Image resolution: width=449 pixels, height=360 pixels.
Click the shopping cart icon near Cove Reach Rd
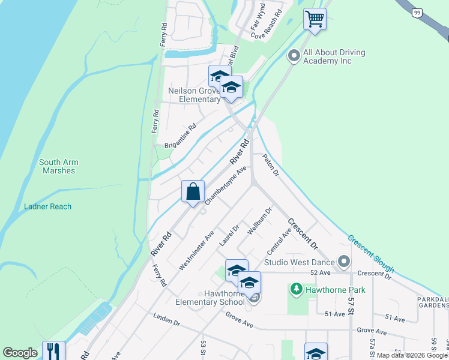click(x=314, y=19)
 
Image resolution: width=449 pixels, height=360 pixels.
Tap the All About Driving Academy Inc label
click(x=335, y=56)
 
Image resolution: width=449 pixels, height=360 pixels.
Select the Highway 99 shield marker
click(x=417, y=11)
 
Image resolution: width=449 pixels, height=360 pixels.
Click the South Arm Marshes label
click(x=59, y=166)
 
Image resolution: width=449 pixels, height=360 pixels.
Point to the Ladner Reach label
click(x=47, y=206)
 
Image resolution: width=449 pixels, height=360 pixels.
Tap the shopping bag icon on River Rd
click(x=193, y=192)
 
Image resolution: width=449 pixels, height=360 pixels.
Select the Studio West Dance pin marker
click(x=343, y=262)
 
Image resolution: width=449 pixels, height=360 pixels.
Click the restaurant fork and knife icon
click(x=53, y=351)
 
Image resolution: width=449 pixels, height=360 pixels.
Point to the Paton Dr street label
click(x=271, y=165)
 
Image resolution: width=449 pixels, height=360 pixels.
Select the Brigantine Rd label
click(x=181, y=137)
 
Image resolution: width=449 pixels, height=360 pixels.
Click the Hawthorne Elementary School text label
click(x=206, y=298)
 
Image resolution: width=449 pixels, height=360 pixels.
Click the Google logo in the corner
click(x=20, y=353)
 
